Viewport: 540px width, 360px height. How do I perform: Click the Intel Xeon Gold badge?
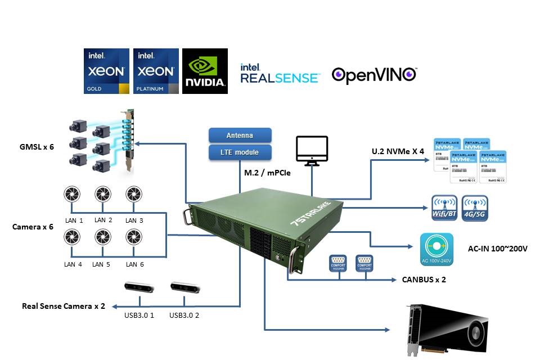click(107, 71)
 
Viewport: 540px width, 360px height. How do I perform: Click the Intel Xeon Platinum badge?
click(156, 71)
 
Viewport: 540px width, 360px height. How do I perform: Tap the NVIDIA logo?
click(205, 71)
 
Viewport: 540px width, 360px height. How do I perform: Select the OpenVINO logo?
click(374, 75)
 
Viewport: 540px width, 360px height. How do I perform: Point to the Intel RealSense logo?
click(280, 74)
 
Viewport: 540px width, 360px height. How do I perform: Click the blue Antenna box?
click(240, 135)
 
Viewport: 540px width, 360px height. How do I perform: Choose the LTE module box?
click(240, 152)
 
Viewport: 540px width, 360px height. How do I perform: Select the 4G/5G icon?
click(472, 208)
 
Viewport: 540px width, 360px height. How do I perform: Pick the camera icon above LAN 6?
click(133, 237)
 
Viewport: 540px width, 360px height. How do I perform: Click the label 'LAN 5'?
click(101, 264)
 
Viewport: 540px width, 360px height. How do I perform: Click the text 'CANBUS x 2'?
click(424, 279)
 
